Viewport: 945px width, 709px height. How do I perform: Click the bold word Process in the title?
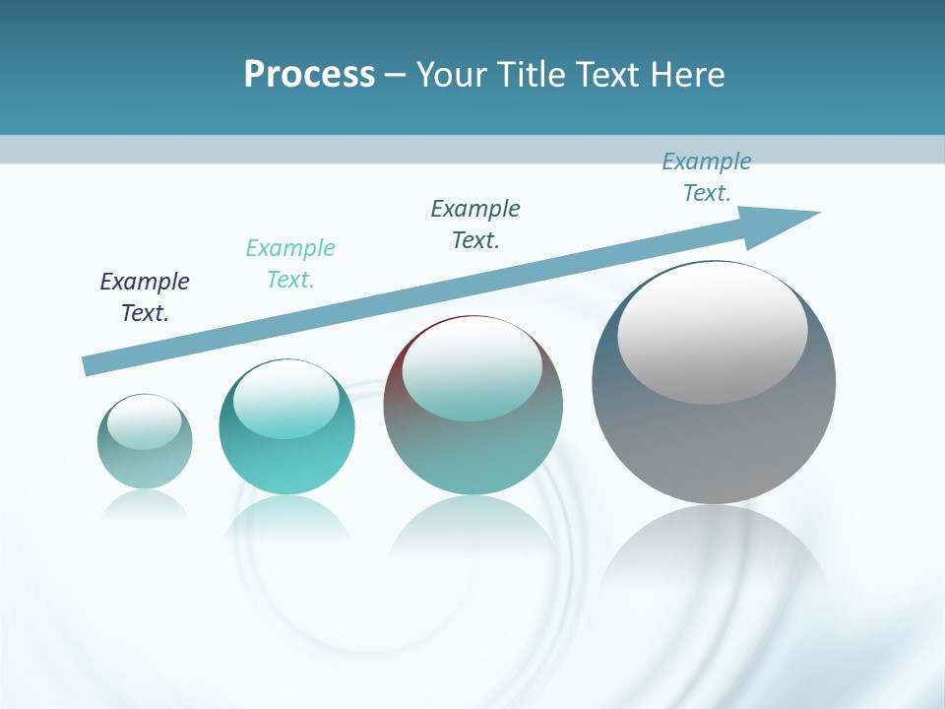(x=309, y=75)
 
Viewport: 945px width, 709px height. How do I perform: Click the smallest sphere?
(x=145, y=443)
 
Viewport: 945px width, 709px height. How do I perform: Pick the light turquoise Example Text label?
(x=290, y=264)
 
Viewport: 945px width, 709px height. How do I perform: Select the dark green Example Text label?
(x=475, y=225)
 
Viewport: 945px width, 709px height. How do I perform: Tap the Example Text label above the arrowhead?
(x=707, y=177)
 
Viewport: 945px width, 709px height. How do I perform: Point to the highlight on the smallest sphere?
(x=144, y=421)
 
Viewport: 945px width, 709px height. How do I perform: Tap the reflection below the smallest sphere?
(x=145, y=503)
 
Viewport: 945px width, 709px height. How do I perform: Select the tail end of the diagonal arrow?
(x=91, y=365)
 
